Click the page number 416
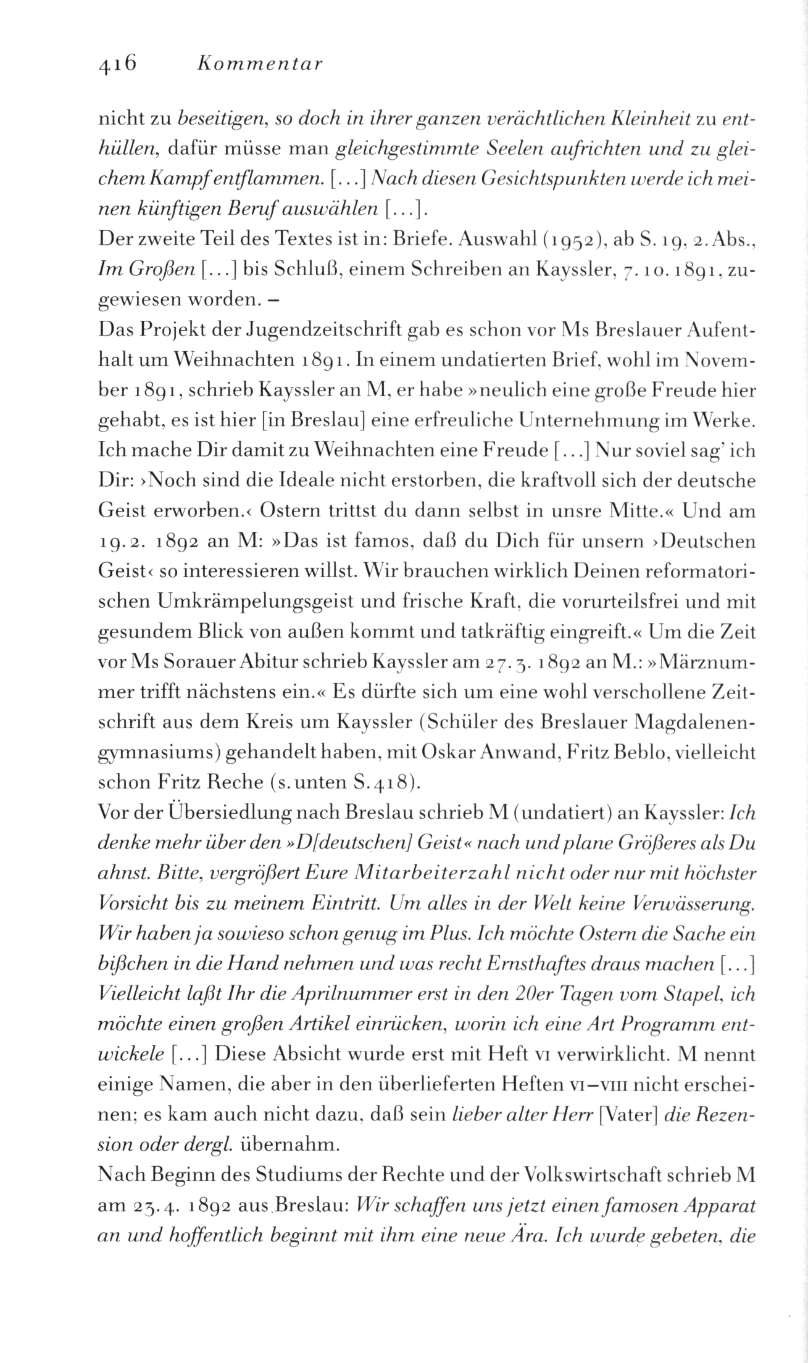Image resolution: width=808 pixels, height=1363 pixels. [117, 64]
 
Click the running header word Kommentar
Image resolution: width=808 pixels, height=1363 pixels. [259, 64]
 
